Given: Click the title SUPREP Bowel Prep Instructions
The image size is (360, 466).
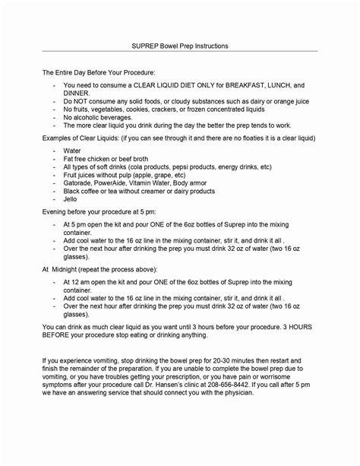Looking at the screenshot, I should (x=180, y=46).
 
